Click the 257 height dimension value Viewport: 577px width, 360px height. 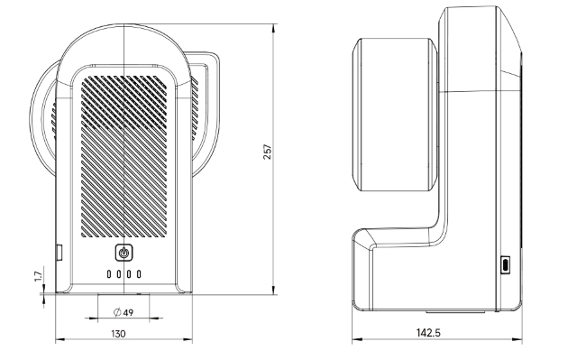pyautogui.click(x=268, y=152)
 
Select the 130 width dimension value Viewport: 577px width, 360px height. pyautogui.click(x=118, y=334)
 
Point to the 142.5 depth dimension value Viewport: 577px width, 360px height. pyautogui.click(x=428, y=333)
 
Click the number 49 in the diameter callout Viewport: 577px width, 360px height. pyautogui.click(x=128, y=313)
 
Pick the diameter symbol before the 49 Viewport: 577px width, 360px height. pyautogui.click(x=117, y=312)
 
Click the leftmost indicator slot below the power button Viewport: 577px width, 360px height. pyautogui.click(x=109, y=274)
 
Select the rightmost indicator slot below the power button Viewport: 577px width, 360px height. pyautogui.click(x=139, y=274)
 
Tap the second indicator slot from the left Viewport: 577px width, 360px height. pyautogui.click(x=119, y=274)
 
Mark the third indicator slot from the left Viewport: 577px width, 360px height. pyautogui.click(x=129, y=274)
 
